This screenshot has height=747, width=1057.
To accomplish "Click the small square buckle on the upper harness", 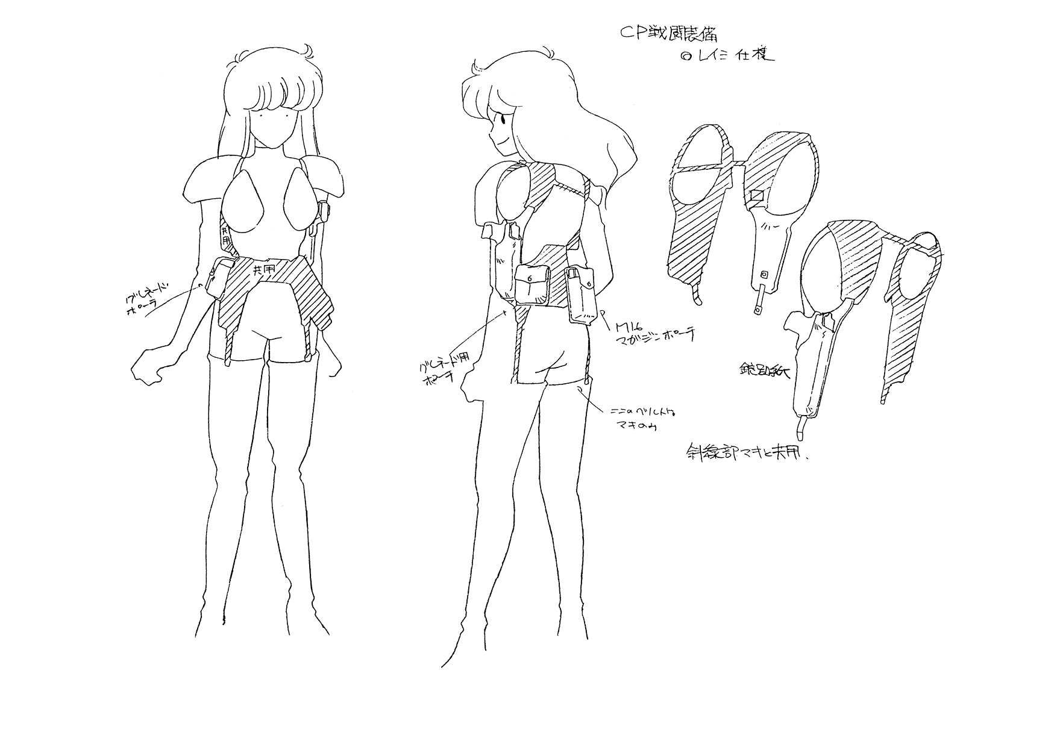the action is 757,196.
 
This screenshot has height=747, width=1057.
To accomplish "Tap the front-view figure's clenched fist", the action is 146,365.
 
